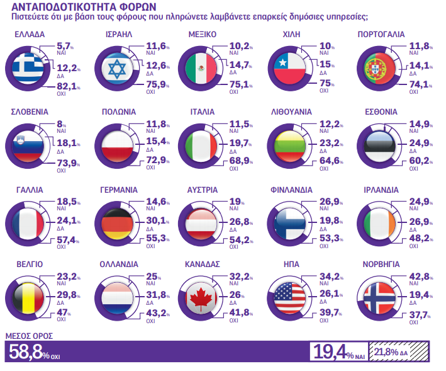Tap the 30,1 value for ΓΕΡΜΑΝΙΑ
[x=154, y=220]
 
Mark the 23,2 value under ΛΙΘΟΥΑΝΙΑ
[x=331, y=143]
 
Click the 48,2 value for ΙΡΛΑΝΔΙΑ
[x=420, y=238]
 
